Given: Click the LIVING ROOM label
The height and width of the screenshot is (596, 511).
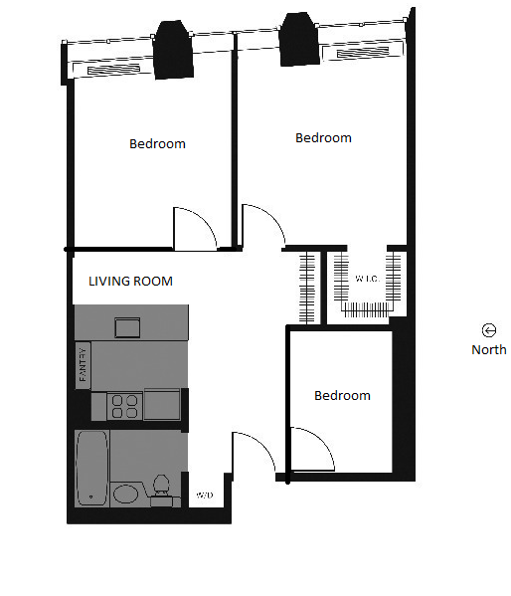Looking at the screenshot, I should tap(130, 282).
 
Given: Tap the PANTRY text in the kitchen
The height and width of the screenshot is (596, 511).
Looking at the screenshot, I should tap(84, 363).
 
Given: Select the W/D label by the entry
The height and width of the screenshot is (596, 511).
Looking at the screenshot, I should tap(205, 496).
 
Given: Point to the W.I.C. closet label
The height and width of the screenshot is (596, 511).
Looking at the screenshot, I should tap(366, 279).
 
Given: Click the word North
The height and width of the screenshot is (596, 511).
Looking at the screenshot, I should tap(488, 349).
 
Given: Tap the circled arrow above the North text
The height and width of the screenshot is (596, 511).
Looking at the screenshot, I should tap(488, 330).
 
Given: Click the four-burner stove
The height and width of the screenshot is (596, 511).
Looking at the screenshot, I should tap(124, 405).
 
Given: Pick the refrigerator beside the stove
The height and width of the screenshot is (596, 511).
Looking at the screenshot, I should tap(162, 405).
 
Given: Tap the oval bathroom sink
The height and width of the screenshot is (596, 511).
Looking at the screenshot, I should tap(126, 494).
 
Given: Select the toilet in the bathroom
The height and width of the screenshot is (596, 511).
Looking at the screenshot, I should tap(159, 490).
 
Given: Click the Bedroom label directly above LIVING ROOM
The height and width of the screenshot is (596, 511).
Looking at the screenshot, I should tap(157, 144).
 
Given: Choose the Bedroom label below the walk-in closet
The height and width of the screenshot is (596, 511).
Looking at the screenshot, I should tap(342, 396).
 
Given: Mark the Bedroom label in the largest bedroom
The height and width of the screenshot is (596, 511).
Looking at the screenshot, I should tap(323, 138).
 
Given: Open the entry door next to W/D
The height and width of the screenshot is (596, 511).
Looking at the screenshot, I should tap(253, 454).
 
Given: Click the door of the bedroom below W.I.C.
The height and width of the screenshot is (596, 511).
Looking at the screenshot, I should tap(312, 449).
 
